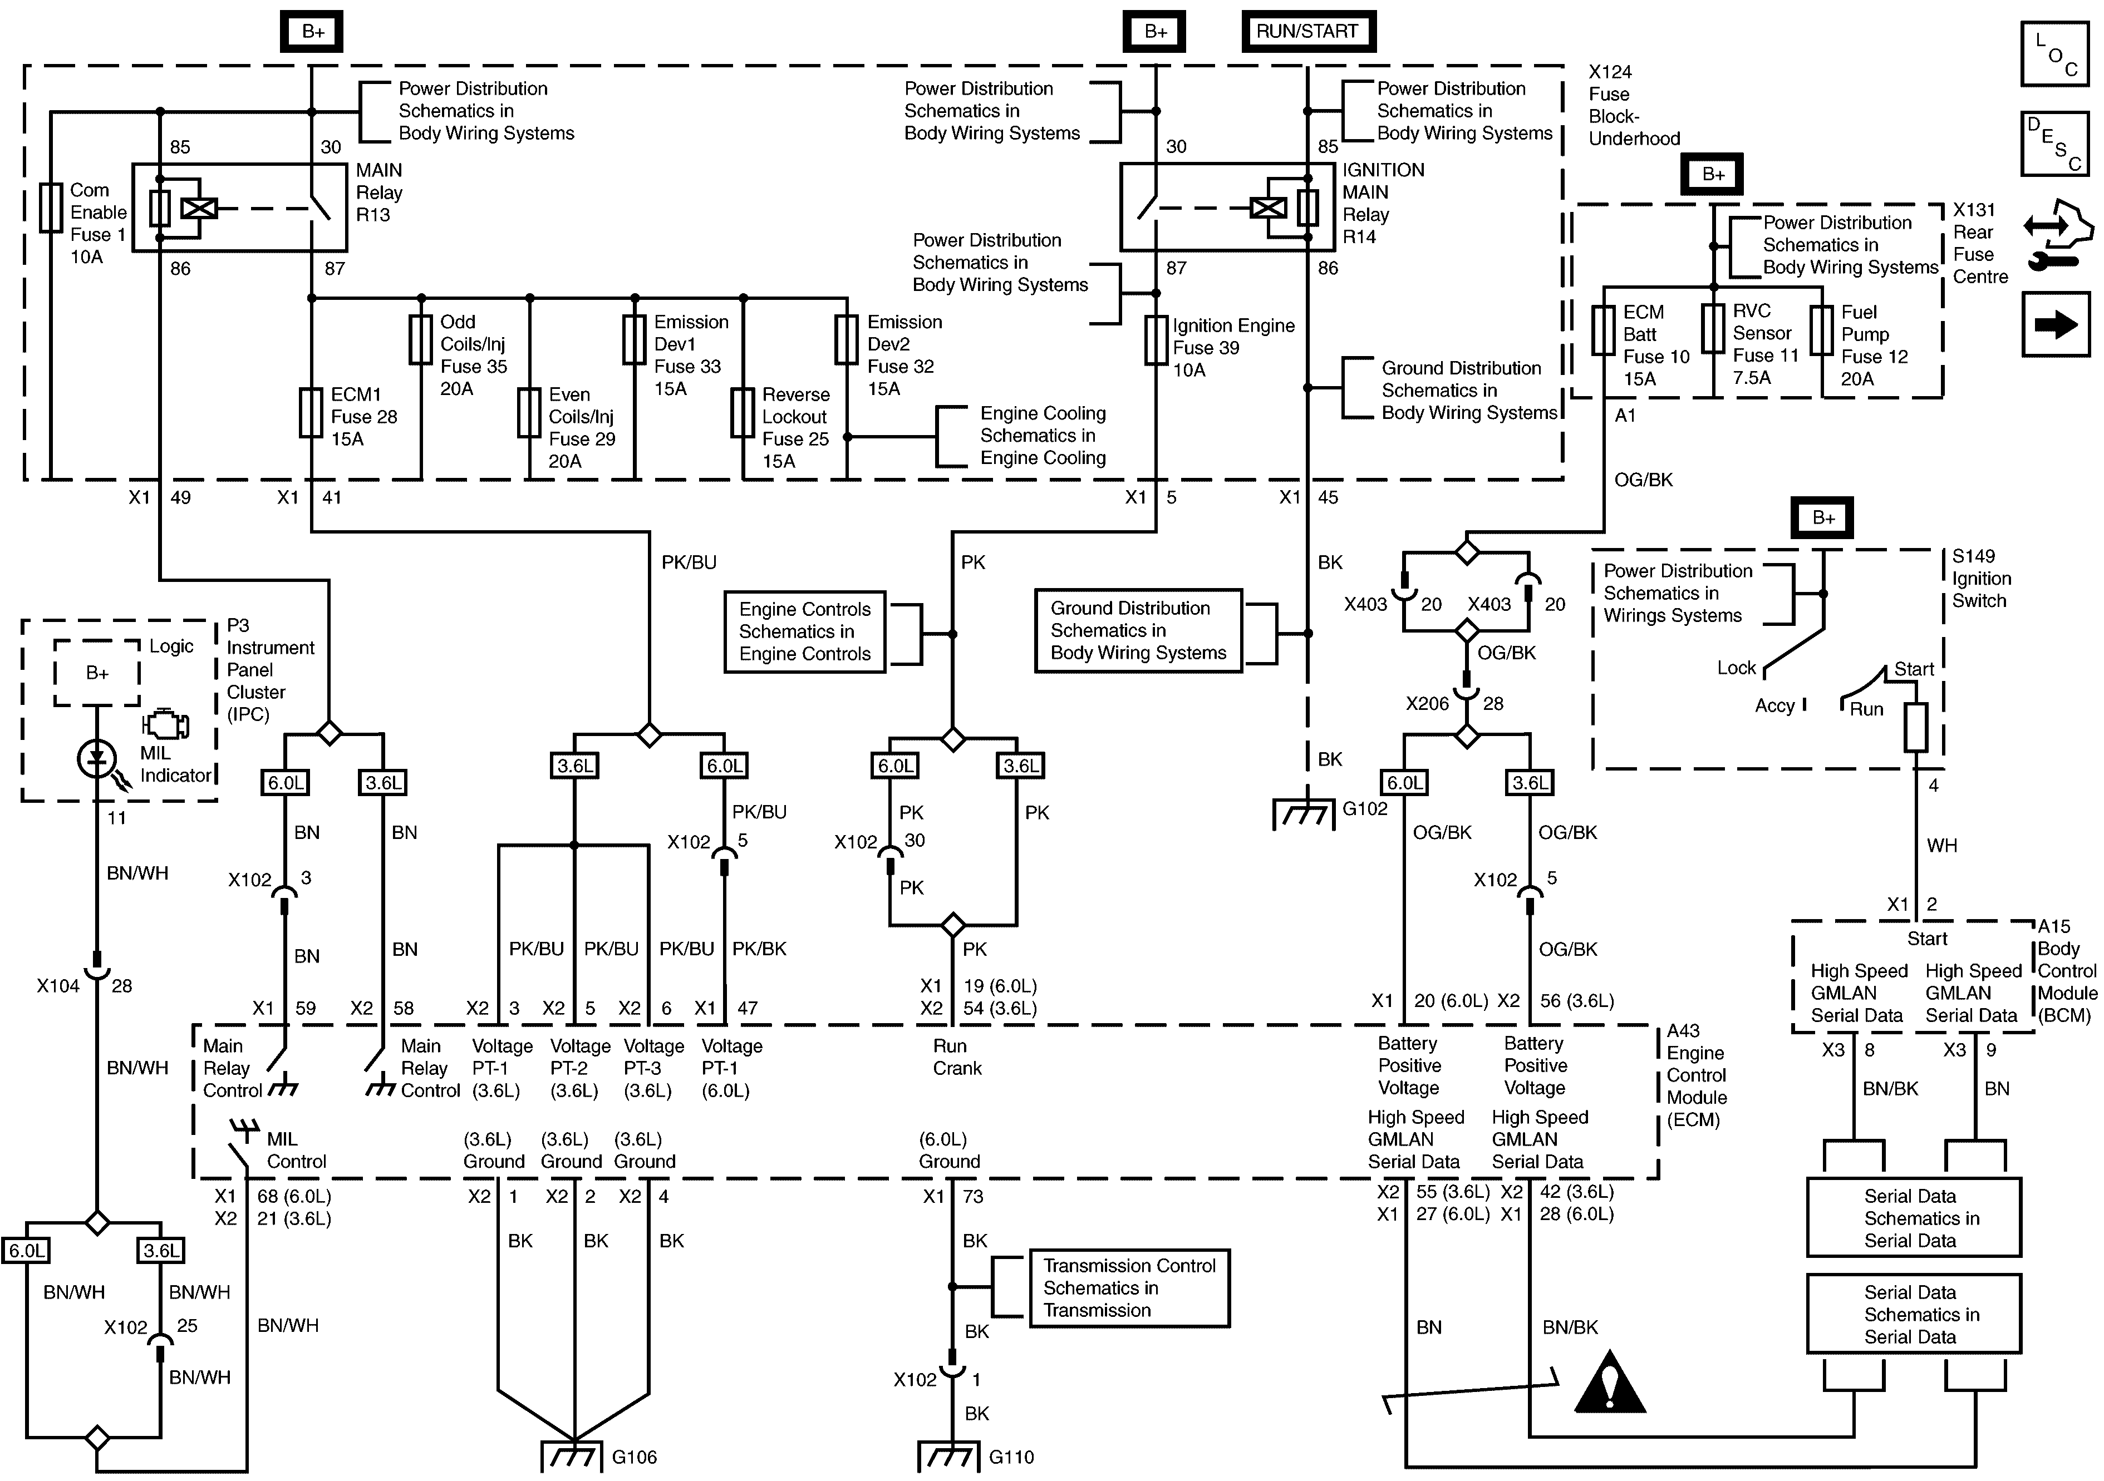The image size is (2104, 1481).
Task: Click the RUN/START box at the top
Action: (1307, 31)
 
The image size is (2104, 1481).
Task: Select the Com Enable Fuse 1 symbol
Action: (51, 209)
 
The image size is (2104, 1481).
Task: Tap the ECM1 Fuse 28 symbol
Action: (312, 413)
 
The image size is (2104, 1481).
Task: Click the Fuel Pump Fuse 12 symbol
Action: (1821, 330)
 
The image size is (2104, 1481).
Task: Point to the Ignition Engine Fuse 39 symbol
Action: (1156, 340)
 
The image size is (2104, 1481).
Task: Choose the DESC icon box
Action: (2056, 144)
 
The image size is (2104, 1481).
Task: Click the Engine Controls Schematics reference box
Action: (804, 632)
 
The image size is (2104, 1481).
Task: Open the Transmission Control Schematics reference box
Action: (1129, 1288)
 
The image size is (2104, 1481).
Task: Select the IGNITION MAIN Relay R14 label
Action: (1383, 203)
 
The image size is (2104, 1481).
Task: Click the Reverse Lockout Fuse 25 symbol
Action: (743, 413)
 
